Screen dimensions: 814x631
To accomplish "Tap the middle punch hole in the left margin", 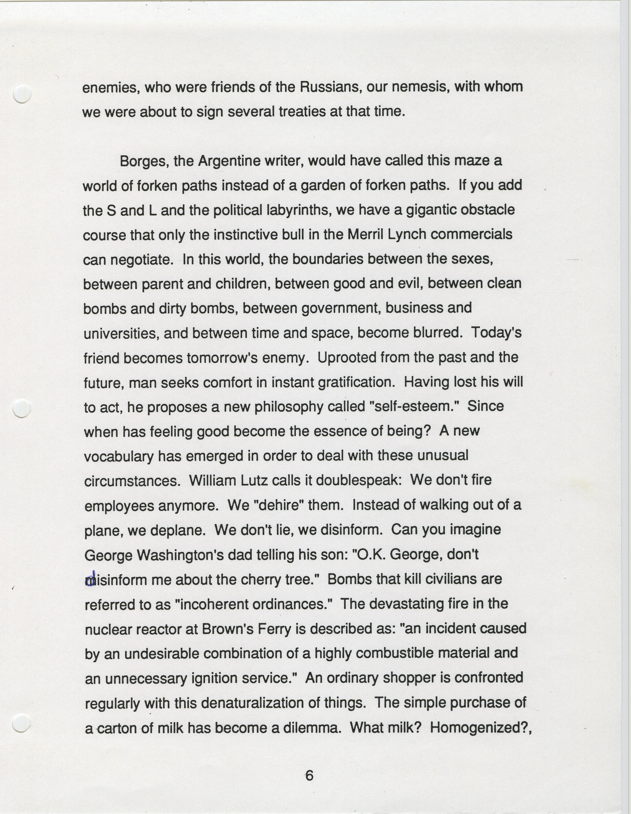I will click(22, 408).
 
